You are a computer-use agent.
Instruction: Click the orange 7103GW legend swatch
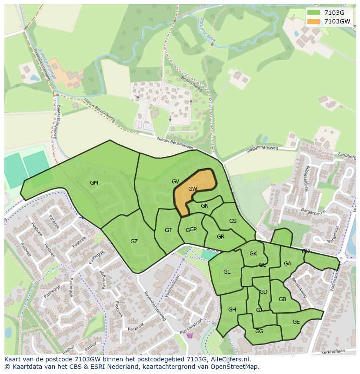coord(313,21)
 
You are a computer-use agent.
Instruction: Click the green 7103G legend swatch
coord(313,13)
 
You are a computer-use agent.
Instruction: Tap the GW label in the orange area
coord(193,189)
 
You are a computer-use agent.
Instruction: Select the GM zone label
coord(94,183)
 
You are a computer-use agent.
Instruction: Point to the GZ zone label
coord(134,241)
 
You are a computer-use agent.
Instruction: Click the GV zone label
coord(175,182)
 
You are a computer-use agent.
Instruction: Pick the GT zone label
coord(168,230)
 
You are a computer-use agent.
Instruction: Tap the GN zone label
coord(205,206)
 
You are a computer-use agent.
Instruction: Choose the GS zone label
coord(233,221)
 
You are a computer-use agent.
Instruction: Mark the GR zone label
coord(220,237)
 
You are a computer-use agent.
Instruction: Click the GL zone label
coord(227,272)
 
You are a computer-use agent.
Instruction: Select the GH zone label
coord(232,309)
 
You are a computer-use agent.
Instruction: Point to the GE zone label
coord(296,322)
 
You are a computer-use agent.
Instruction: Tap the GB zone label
coord(282,299)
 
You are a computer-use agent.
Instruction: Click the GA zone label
coord(287,264)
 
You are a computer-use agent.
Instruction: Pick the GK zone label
coord(253,254)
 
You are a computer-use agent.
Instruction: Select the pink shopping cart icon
coord(190,335)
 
